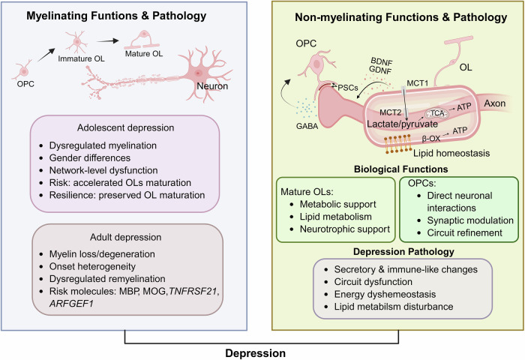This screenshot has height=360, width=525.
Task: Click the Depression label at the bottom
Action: (x=256, y=353)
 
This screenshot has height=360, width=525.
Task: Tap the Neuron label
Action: (x=212, y=86)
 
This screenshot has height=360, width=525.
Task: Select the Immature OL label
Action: (x=81, y=58)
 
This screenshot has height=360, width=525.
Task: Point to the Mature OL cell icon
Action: (x=142, y=40)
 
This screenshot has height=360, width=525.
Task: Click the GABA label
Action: (x=307, y=127)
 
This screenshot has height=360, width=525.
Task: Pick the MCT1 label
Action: (x=418, y=83)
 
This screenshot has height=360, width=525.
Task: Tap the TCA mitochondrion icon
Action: (x=436, y=113)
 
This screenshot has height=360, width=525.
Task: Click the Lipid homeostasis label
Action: (x=451, y=154)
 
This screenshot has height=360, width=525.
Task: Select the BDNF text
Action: (x=381, y=62)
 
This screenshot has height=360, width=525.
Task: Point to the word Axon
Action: (x=494, y=103)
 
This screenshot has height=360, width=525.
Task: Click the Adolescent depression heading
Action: (x=125, y=127)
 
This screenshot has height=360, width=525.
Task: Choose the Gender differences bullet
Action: (x=90, y=157)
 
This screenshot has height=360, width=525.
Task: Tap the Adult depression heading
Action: (x=125, y=237)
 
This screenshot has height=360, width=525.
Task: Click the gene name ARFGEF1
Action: (x=71, y=304)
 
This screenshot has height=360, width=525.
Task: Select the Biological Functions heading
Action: (x=400, y=169)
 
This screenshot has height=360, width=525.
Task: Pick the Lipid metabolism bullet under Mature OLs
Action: (x=335, y=217)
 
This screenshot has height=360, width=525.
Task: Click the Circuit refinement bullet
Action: (x=464, y=232)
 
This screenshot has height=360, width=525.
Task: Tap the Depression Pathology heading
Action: (x=403, y=252)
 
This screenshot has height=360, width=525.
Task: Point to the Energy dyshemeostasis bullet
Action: (x=385, y=294)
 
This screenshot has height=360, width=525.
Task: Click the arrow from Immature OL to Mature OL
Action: (x=108, y=41)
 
